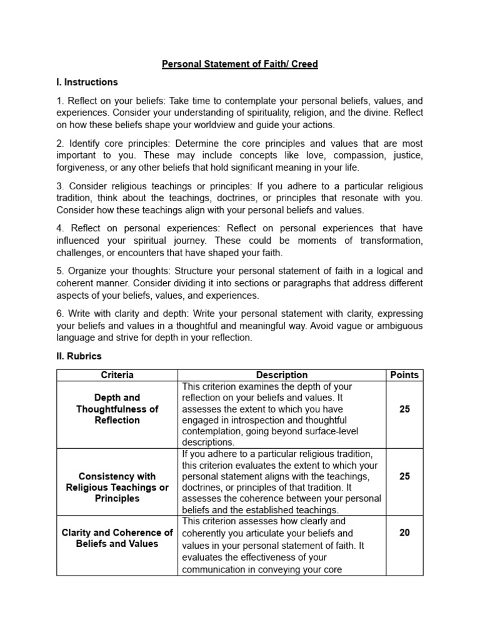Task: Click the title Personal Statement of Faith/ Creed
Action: coord(240,64)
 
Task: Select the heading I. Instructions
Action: coord(87,82)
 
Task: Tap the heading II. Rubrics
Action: coord(79,356)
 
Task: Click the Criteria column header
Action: coord(117,375)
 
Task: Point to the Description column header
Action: coord(282,375)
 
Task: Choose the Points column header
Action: coord(404,375)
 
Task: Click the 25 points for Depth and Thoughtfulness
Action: coord(404,409)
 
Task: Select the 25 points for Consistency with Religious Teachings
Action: coord(404,476)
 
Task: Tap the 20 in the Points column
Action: coord(404,532)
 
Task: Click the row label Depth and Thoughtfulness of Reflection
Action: coord(117,409)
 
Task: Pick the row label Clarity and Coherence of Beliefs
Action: coord(117,538)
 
